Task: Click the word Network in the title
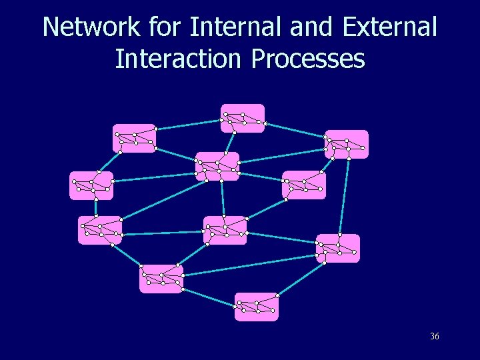[x=91, y=28]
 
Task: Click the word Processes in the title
[x=308, y=59]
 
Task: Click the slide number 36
[x=435, y=337]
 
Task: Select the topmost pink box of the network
[x=243, y=118]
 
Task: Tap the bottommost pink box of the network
[x=257, y=307]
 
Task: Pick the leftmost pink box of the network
[x=91, y=186]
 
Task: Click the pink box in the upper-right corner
[x=347, y=144]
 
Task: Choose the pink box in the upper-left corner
[x=134, y=138]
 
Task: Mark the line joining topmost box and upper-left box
[x=189, y=124]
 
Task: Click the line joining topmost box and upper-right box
[x=295, y=130]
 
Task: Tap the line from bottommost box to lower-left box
[x=210, y=297]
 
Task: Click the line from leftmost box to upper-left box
[x=110, y=161]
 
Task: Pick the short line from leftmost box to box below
[x=95, y=207]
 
